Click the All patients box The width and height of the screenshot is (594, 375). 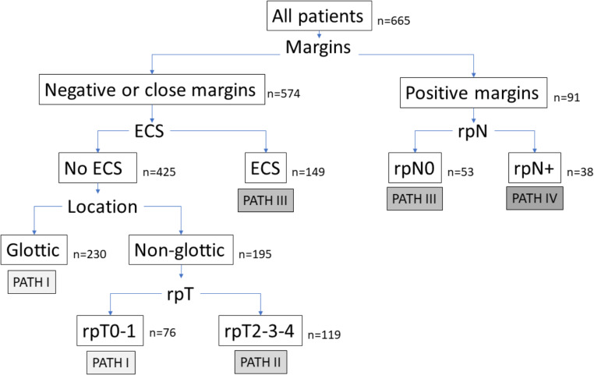pyautogui.click(x=320, y=16)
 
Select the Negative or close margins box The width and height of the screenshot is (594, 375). pyautogui.click(x=152, y=90)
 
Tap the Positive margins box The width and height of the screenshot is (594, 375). pyautogui.click(x=473, y=93)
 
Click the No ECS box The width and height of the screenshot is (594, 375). pyautogui.click(x=97, y=168)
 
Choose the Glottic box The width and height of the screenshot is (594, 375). pyautogui.click(x=34, y=249)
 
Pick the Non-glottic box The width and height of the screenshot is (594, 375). pyautogui.click(x=181, y=249)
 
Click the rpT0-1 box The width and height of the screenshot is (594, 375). pyautogui.click(x=110, y=331)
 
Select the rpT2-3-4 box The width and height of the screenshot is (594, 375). pyautogui.click(x=260, y=331)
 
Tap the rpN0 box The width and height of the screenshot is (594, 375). pyautogui.click(x=415, y=168)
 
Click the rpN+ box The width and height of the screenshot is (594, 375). pyautogui.click(x=535, y=168)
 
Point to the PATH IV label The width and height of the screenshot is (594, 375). pyautogui.click(x=535, y=198)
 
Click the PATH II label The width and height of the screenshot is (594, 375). pyautogui.click(x=260, y=362)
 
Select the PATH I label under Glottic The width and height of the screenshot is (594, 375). pyautogui.click(x=32, y=281)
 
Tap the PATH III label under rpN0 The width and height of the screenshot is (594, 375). pyautogui.click(x=415, y=199)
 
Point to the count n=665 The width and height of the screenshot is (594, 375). pyautogui.click(x=394, y=20)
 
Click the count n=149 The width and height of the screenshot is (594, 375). pyautogui.click(x=308, y=172)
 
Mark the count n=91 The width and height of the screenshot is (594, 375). pyautogui.click(x=567, y=97)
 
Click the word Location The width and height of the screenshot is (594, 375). pyautogui.click(x=102, y=207)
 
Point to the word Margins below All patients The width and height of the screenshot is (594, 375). pyautogui.click(x=318, y=48)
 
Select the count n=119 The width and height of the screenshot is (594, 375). pyautogui.click(x=324, y=334)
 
